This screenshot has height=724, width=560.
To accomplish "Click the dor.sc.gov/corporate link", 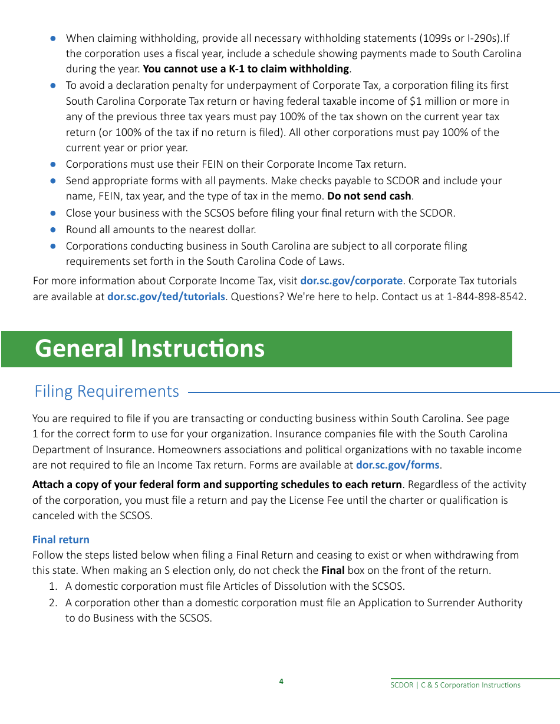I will (351, 281).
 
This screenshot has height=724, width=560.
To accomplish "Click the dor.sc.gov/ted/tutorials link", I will (166, 297).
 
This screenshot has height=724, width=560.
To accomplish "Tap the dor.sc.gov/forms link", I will (397, 465).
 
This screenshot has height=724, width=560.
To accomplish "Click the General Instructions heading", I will (150, 348).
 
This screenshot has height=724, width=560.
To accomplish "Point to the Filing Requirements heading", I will (107, 391).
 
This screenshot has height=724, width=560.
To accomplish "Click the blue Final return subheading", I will (61, 540).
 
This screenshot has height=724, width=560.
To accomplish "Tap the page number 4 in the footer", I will (281, 682).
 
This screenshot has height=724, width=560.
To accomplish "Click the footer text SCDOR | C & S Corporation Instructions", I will (455, 685).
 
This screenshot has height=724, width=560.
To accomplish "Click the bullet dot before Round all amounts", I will (53, 230).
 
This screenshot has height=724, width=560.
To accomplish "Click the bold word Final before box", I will (332, 570).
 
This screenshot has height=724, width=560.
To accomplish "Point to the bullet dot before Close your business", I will (53, 213).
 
